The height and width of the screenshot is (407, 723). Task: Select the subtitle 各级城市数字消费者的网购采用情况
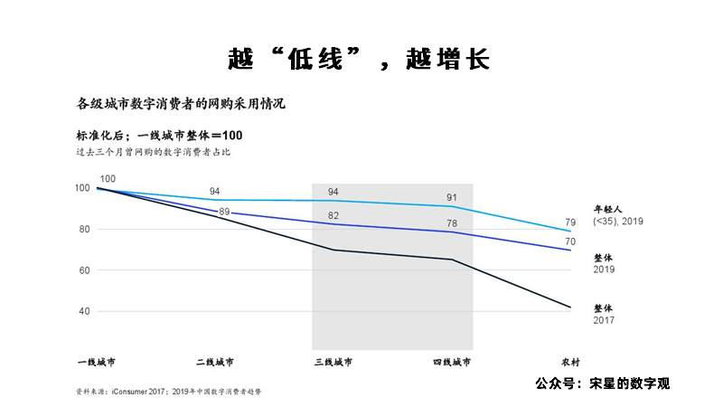pyautogui.click(x=181, y=103)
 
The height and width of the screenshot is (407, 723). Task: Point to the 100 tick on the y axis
pyautogui.click(x=82, y=188)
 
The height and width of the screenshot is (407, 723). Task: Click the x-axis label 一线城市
pyautogui.click(x=96, y=362)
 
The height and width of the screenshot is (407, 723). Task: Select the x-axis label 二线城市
pyautogui.click(x=214, y=362)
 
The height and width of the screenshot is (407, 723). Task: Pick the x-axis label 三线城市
pyautogui.click(x=333, y=362)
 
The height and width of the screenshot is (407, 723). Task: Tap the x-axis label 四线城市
pyautogui.click(x=452, y=362)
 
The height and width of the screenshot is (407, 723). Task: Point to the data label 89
pyautogui.click(x=224, y=211)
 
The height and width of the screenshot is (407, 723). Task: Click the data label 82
pyautogui.click(x=333, y=215)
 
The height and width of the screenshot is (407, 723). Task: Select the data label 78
pyautogui.click(x=452, y=223)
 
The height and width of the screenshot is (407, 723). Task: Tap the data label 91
pyautogui.click(x=452, y=197)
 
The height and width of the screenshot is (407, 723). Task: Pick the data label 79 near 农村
pyautogui.click(x=570, y=222)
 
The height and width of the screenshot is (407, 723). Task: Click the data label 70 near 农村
pyautogui.click(x=570, y=241)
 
